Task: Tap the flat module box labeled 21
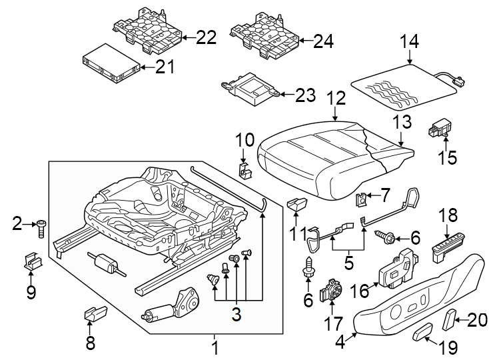(111, 65)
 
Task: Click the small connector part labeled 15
(442, 127)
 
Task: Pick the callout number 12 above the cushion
(336, 99)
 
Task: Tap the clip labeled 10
(244, 171)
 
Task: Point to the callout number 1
(215, 347)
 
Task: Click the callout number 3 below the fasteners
(236, 313)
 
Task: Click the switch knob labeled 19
(423, 331)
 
